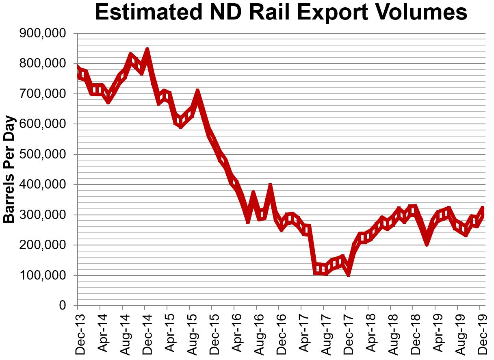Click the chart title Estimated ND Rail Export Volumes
[281, 13]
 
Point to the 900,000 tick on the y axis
[43, 34]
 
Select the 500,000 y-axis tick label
[43, 155]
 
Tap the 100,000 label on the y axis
[43, 276]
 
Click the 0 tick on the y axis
[62, 306]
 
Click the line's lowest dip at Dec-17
[348, 274]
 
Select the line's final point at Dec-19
[483, 209]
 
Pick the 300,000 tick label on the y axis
[43, 215]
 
